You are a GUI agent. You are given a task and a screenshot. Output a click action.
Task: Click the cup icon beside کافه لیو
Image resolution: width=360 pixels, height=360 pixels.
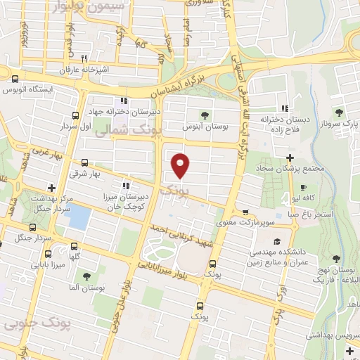click(303, 188)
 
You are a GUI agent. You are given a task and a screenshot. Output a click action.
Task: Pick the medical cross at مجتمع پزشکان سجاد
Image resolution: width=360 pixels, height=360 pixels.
click(290, 156)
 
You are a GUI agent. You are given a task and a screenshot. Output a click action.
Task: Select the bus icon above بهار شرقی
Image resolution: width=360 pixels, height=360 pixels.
click(84, 162)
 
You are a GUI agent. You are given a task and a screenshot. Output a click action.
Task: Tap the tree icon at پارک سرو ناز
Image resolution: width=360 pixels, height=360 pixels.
click(340, 112)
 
